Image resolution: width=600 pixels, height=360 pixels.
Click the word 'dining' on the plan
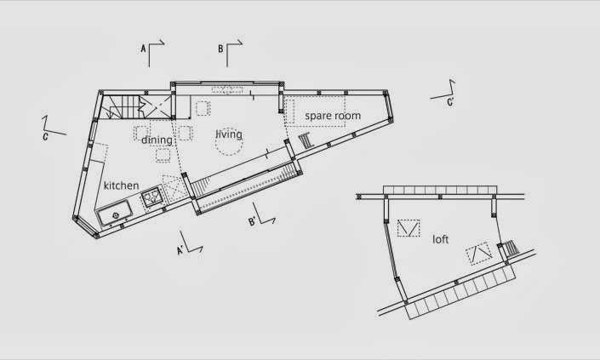tap(157, 140)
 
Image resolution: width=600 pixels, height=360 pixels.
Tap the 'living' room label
tap(228, 134)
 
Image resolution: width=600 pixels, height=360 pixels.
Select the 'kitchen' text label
tap(122, 185)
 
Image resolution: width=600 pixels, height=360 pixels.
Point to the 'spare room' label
tap(333, 116)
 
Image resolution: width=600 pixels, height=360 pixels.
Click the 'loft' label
tap(440, 239)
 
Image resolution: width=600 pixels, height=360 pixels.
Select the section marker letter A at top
tap(144, 50)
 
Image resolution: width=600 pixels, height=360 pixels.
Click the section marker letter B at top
tap(220, 50)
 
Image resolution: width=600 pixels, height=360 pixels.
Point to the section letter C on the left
tap(44, 134)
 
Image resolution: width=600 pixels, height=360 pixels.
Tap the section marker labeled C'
tap(450, 101)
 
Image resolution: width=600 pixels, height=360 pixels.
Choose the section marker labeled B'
tap(253, 223)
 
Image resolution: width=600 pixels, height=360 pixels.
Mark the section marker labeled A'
tap(180, 250)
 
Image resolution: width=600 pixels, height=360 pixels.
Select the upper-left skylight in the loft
tap(408, 227)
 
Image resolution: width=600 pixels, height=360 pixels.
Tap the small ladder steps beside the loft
tap(510, 250)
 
